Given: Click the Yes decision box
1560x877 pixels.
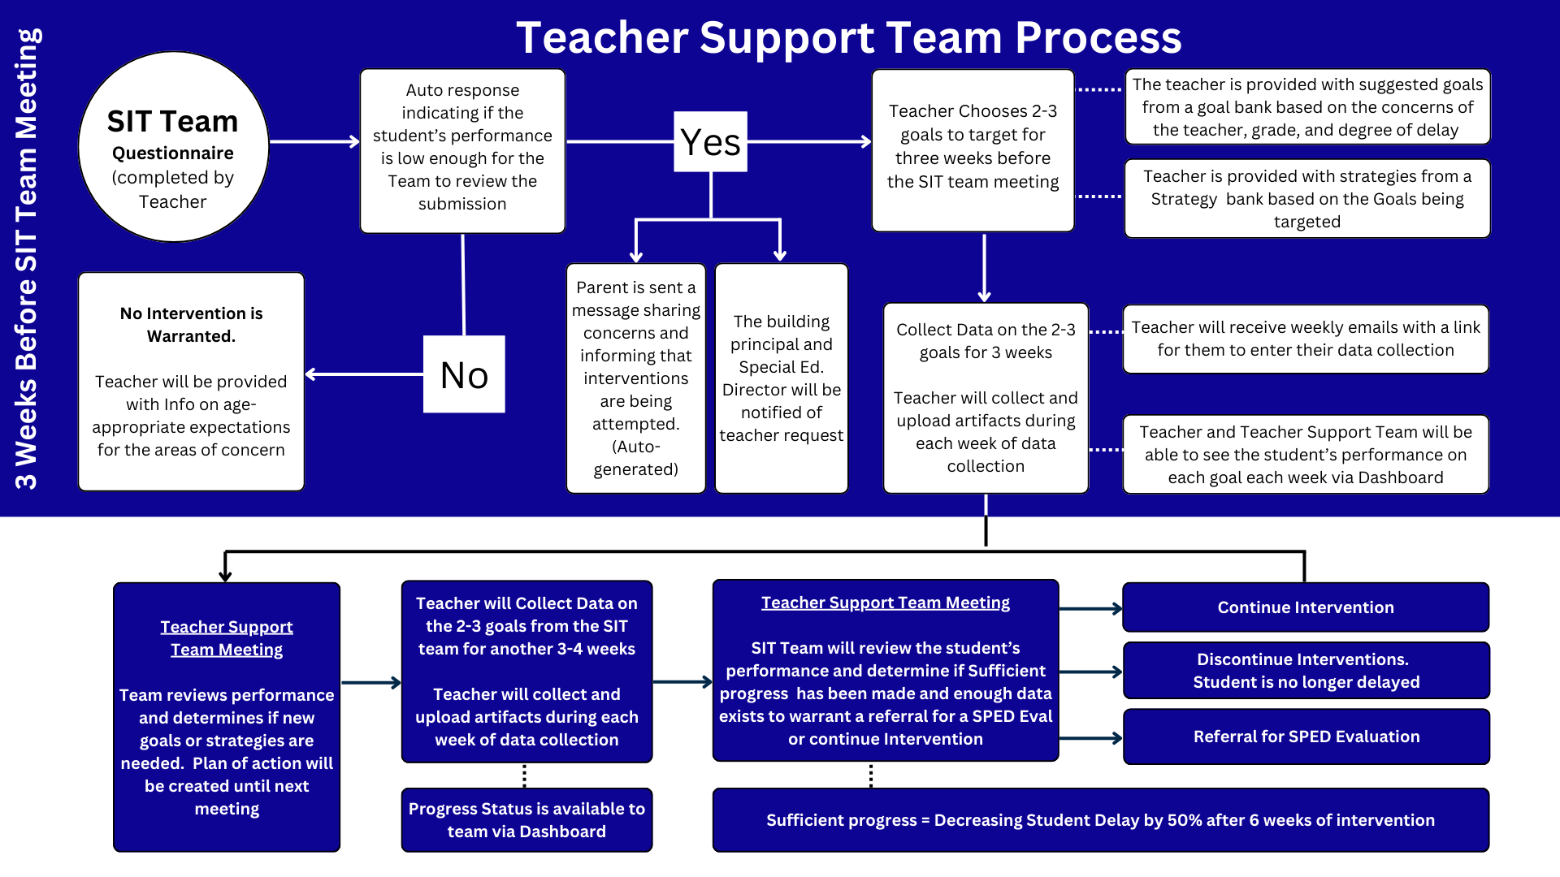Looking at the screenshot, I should click(710, 142).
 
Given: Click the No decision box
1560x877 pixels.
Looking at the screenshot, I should click(464, 374).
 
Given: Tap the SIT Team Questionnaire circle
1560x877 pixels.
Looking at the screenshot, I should click(173, 147).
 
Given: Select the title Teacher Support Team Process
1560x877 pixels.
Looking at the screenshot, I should click(848, 38).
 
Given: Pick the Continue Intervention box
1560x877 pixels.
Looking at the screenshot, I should click(1305, 607).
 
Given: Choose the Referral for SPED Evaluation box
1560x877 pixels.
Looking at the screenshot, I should click(1306, 737).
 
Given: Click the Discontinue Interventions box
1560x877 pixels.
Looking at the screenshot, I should click(1306, 671).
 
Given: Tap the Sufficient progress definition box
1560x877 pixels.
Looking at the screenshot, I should click(1100, 820).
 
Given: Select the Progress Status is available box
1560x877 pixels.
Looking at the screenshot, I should click(526, 820).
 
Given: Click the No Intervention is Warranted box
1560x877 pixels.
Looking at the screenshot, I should click(191, 382).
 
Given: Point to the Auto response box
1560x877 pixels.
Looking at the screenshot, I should click(462, 151).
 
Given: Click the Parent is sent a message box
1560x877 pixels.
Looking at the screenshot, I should click(635, 378).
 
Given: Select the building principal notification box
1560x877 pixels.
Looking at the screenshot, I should click(781, 378).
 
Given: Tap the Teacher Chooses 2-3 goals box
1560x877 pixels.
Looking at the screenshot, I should click(973, 150).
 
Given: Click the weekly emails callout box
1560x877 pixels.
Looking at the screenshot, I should click(1305, 339).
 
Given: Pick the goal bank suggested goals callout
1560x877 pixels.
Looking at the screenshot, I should click(1306, 107).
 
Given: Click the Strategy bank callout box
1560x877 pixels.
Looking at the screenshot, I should click(1306, 199).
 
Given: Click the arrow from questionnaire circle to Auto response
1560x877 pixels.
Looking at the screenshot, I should click(314, 141).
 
